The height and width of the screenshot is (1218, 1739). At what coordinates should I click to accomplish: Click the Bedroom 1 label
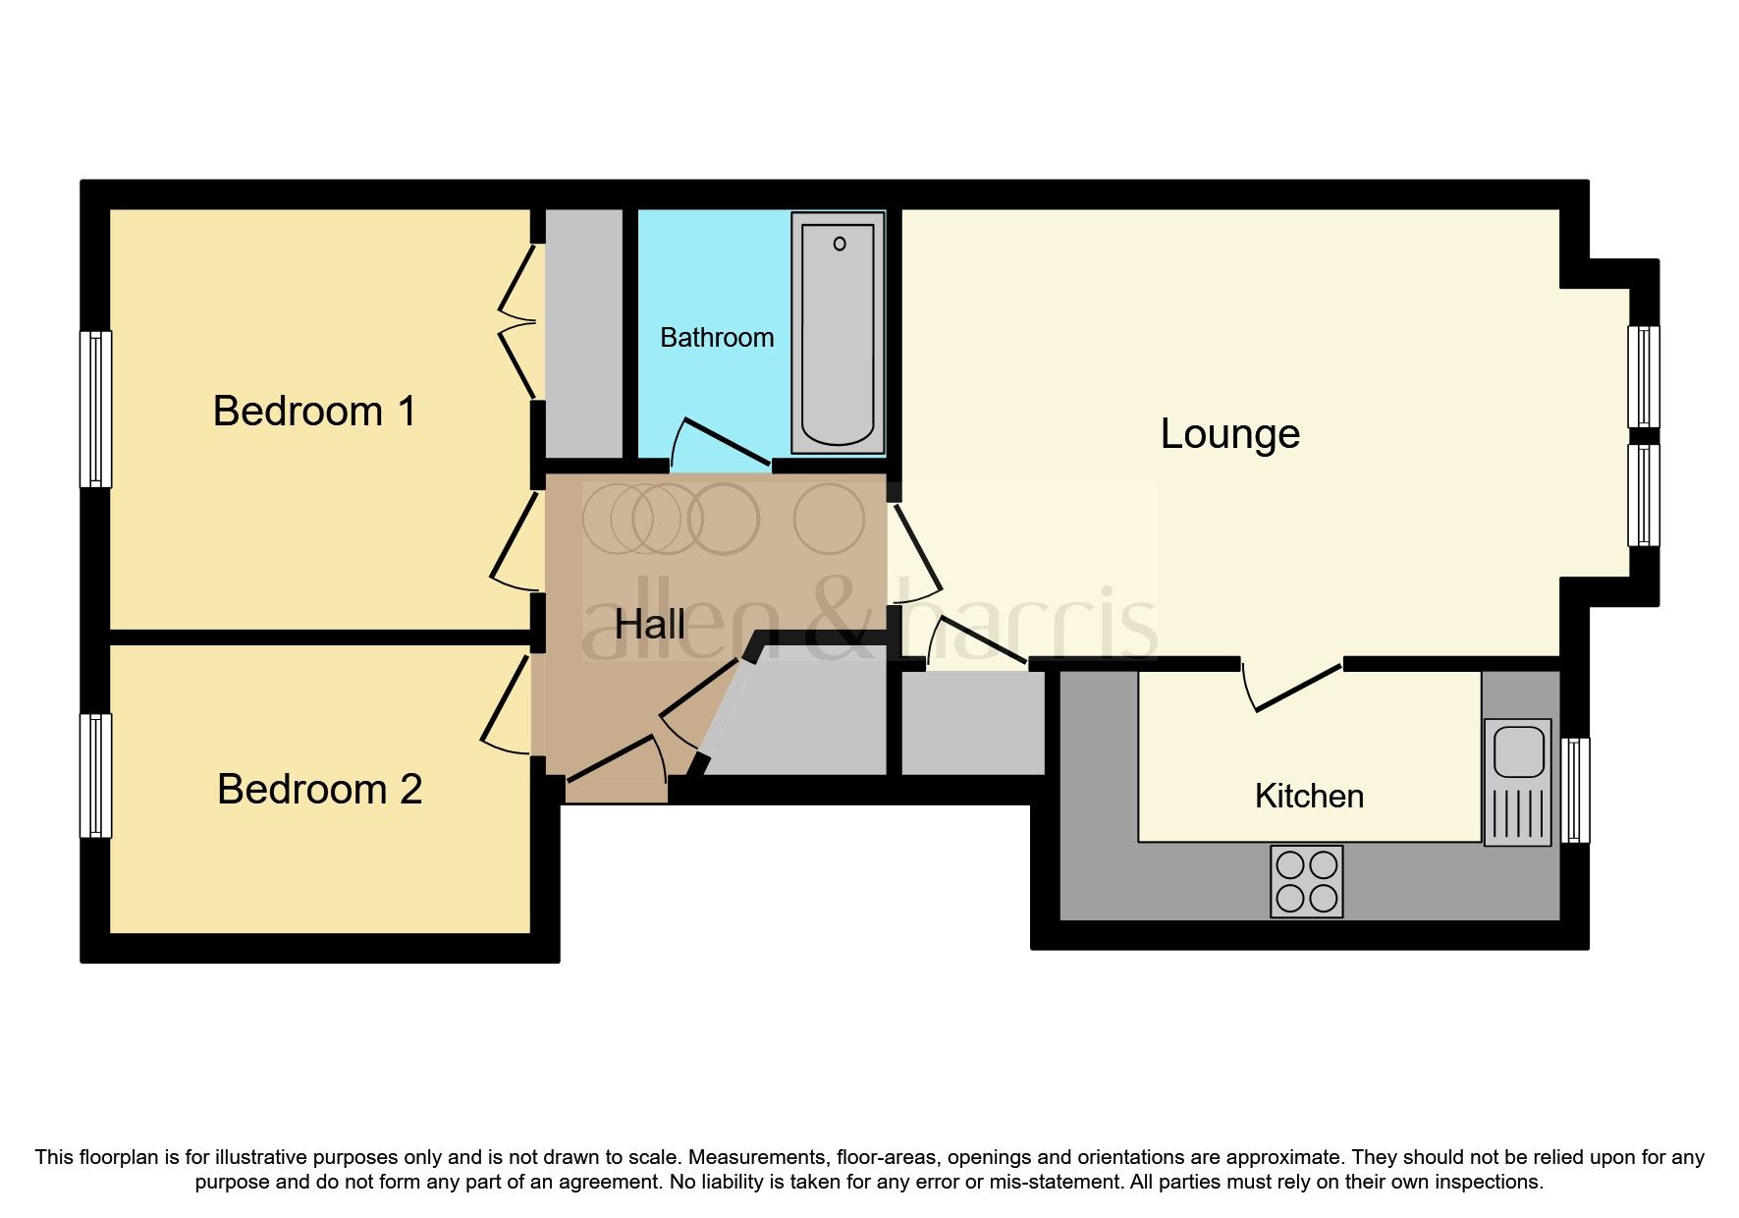tap(314, 411)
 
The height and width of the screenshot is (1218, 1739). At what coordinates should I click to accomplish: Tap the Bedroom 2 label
tap(319, 789)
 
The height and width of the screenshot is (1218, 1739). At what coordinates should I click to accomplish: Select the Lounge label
tap(1229, 433)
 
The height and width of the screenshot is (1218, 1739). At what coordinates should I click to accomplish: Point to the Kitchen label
tap(1309, 796)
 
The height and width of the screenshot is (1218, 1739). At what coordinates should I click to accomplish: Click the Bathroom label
tap(717, 338)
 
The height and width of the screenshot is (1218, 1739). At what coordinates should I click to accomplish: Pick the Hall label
tap(649, 625)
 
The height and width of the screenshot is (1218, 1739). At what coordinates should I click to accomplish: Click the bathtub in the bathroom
tap(838, 334)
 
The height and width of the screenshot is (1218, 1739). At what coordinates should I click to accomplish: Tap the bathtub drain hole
tap(840, 244)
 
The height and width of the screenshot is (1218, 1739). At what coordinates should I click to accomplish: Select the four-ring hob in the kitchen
tap(1306, 881)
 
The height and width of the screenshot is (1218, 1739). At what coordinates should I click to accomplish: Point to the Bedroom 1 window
tap(95, 409)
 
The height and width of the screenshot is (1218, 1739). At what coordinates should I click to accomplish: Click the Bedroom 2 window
tap(95, 775)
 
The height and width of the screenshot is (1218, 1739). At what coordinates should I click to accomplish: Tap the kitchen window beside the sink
tap(1575, 790)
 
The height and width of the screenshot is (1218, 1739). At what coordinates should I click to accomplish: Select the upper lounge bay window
tap(1644, 376)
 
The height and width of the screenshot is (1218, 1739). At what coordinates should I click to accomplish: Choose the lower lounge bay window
tap(1644, 495)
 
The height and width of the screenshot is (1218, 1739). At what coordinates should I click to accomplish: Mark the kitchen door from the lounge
tap(1298, 688)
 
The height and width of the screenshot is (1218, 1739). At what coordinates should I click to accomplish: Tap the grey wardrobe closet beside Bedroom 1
tap(583, 334)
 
